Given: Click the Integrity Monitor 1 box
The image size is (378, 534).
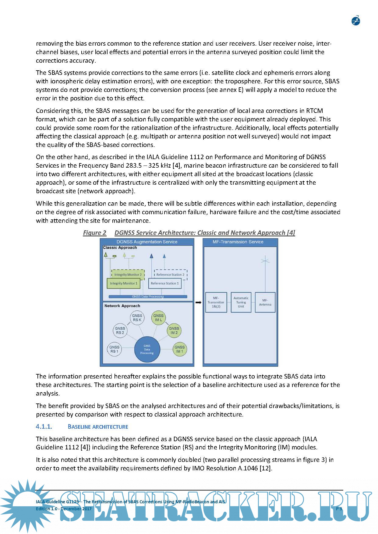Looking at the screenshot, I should coord(123,283).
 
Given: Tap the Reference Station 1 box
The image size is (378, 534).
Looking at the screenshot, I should coord(164,283).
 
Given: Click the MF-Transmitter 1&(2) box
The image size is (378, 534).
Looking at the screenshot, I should coord(216,302).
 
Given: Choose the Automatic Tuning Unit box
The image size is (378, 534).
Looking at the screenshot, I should coord(241,302).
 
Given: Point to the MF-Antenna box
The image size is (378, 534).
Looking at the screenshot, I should coord(265,302).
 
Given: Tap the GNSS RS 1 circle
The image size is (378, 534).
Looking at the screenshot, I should coord(115,349).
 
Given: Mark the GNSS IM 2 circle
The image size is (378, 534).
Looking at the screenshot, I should coord(174,330).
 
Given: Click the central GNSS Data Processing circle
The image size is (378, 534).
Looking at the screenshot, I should coord(147,349).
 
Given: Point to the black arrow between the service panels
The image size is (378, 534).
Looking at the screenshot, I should coord(198,302).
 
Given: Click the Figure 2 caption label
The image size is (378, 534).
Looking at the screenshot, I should coord(95,233).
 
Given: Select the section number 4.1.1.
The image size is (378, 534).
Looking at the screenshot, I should coord(44,427).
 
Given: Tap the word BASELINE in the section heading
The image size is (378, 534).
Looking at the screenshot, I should coord(79,427).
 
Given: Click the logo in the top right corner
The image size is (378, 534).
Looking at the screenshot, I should coord(356,21).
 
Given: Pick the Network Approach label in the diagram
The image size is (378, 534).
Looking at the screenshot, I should coord(122,306).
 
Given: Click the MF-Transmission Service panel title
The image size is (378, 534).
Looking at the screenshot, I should coord(238,242).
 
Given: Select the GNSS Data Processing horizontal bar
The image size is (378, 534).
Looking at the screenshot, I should coord(148,297).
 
